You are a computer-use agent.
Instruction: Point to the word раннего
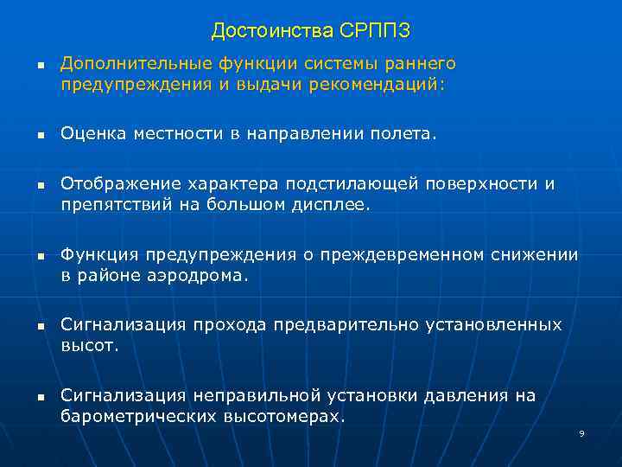click(x=422, y=64)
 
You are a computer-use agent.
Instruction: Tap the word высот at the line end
click(x=88, y=346)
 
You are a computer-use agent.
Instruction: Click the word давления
click(x=465, y=396)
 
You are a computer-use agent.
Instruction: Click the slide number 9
click(x=581, y=432)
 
